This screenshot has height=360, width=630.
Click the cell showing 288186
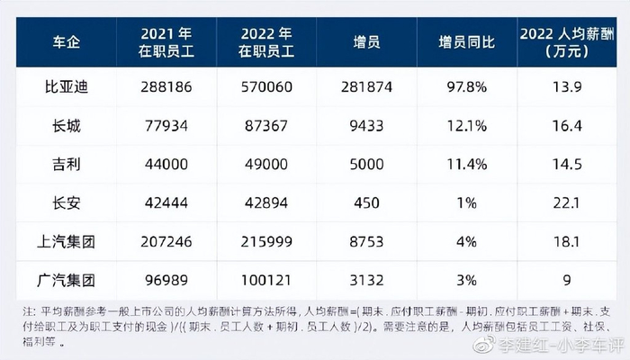tap(165, 88)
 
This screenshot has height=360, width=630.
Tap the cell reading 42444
tap(165, 204)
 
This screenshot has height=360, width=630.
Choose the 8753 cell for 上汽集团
tap(364, 242)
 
